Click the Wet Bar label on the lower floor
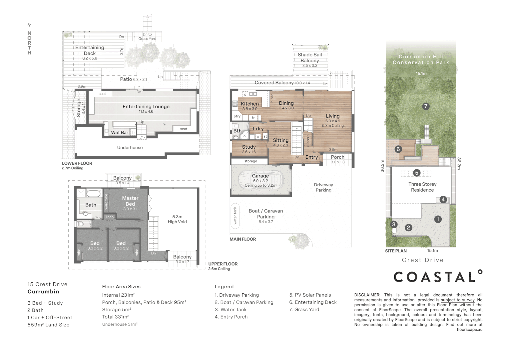(x=120, y=132)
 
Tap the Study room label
(x=249, y=147)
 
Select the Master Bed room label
(x=130, y=201)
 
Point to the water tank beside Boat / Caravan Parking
(x=235, y=215)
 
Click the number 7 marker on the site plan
(x=425, y=106)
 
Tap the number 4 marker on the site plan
(x=443, y=199)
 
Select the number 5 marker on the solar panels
(x=416, y=173)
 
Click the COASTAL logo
(x=438, y=277)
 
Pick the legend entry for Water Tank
(x=231, y=310)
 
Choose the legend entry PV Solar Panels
(x=310, y=295)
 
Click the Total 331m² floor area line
(x=116, y=317)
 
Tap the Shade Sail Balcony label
(x=310, y=57)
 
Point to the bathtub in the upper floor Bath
(x=93, y=194)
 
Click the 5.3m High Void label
(x=177, y=219)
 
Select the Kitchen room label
(x=250, y=104)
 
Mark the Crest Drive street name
(x=423, y=260)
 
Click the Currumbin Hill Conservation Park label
(x=421, y=59)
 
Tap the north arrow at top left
(x=29, y=25)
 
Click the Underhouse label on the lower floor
(x=130, y=148)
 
